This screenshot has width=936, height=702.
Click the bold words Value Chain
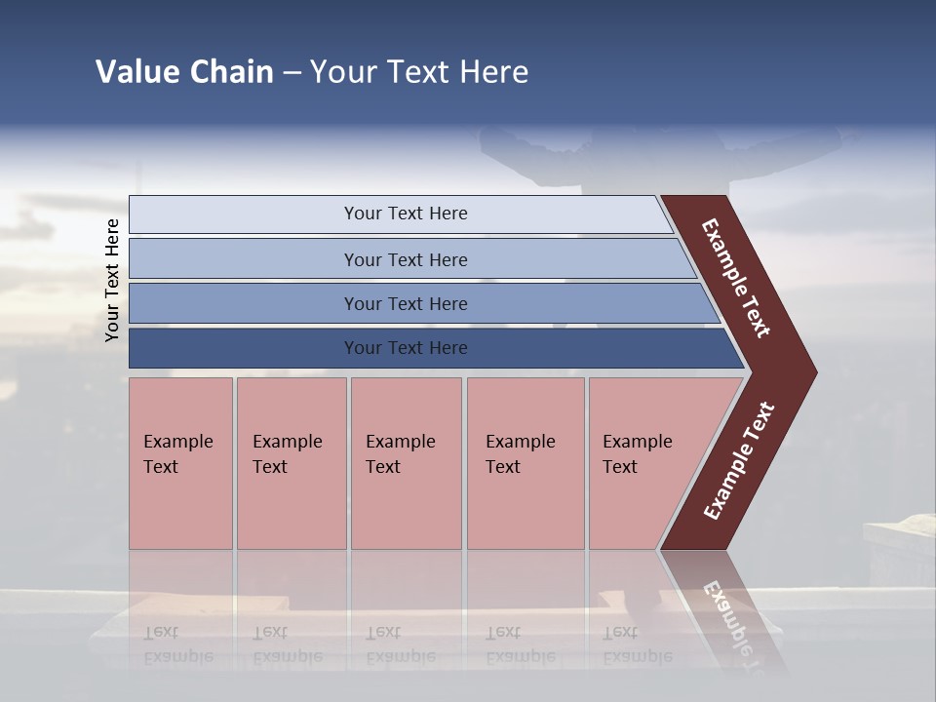coord(184,72)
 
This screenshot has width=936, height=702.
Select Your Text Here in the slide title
coord(419,72)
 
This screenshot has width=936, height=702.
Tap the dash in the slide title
coord(292,73)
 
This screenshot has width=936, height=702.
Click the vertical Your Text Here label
coord(112,280)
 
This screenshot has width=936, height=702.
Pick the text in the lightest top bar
coord(406,214)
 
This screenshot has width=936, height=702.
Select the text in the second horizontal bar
coord(406,259)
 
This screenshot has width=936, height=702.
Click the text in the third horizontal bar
coord(406,303)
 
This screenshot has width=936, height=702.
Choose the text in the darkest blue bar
coord(406,348)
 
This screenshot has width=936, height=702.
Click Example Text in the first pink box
coord(177,454)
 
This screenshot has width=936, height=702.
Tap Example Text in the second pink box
coord(287,454)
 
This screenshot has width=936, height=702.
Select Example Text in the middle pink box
coord(400,454)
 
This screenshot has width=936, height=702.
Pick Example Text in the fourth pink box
coord(520,454)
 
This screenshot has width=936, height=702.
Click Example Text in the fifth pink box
coord(637,454)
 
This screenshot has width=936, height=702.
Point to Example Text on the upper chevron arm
coord(736,278)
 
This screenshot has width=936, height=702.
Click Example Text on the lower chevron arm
coord(738,461)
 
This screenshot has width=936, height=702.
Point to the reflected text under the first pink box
coord(177,644)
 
